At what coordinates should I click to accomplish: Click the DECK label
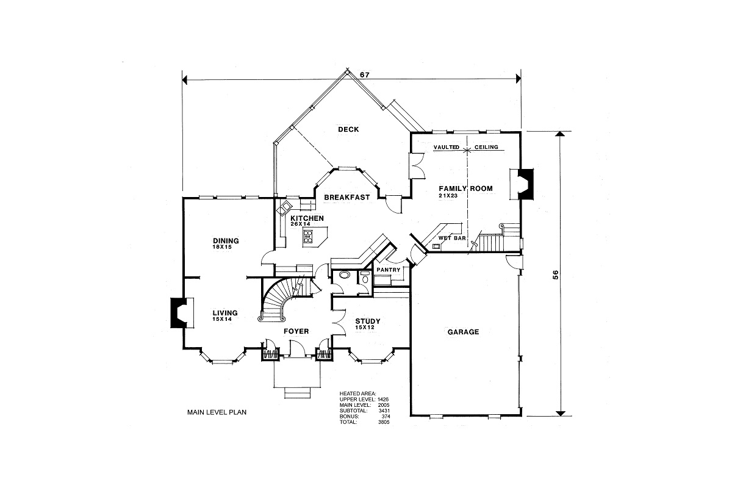point(348,129)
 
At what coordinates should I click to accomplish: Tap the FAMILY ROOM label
point(465,188)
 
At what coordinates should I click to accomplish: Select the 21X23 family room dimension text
point(448,196)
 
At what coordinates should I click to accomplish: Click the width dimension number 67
point(365,74)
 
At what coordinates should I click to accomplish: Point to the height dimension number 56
point(556,274)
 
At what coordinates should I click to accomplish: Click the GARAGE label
point(463,332)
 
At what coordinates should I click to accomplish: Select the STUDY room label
point(367,321)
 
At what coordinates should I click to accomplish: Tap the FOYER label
point(296,331)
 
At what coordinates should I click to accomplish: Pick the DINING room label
point(226,240)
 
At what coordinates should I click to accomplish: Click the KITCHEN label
point(307,218)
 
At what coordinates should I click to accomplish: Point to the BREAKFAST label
point(347,197)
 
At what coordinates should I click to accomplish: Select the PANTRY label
point(389,269)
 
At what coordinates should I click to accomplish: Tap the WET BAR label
point(452,238)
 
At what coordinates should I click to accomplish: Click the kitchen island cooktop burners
point(309,237)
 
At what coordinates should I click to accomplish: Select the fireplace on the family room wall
point(523,183)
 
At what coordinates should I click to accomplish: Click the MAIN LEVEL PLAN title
point(217,412)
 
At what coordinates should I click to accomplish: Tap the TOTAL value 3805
point(384,422)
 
